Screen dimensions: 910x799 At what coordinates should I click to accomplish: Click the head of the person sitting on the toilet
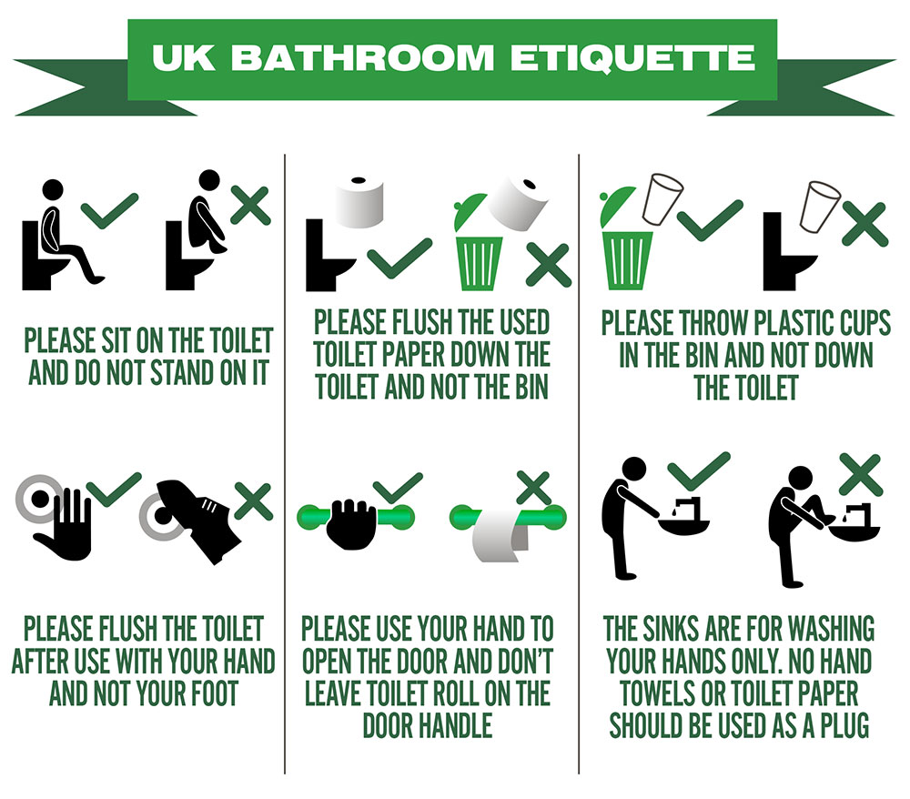(53, 190)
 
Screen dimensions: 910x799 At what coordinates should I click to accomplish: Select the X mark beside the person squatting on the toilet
(251, 205)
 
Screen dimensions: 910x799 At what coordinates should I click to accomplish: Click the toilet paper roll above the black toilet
(359, 201)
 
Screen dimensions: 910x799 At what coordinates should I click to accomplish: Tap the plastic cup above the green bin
(662, 198)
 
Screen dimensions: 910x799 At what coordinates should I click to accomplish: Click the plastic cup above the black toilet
(820, 207)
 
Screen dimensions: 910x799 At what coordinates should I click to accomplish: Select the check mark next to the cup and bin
(710, 220)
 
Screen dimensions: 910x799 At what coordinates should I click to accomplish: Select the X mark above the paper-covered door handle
(533, 488)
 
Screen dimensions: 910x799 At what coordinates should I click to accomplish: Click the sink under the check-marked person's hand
(685, 524)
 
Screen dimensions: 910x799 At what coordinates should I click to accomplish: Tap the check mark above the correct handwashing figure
(699, 470)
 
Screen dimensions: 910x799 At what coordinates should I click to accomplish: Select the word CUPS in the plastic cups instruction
(861, 323)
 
